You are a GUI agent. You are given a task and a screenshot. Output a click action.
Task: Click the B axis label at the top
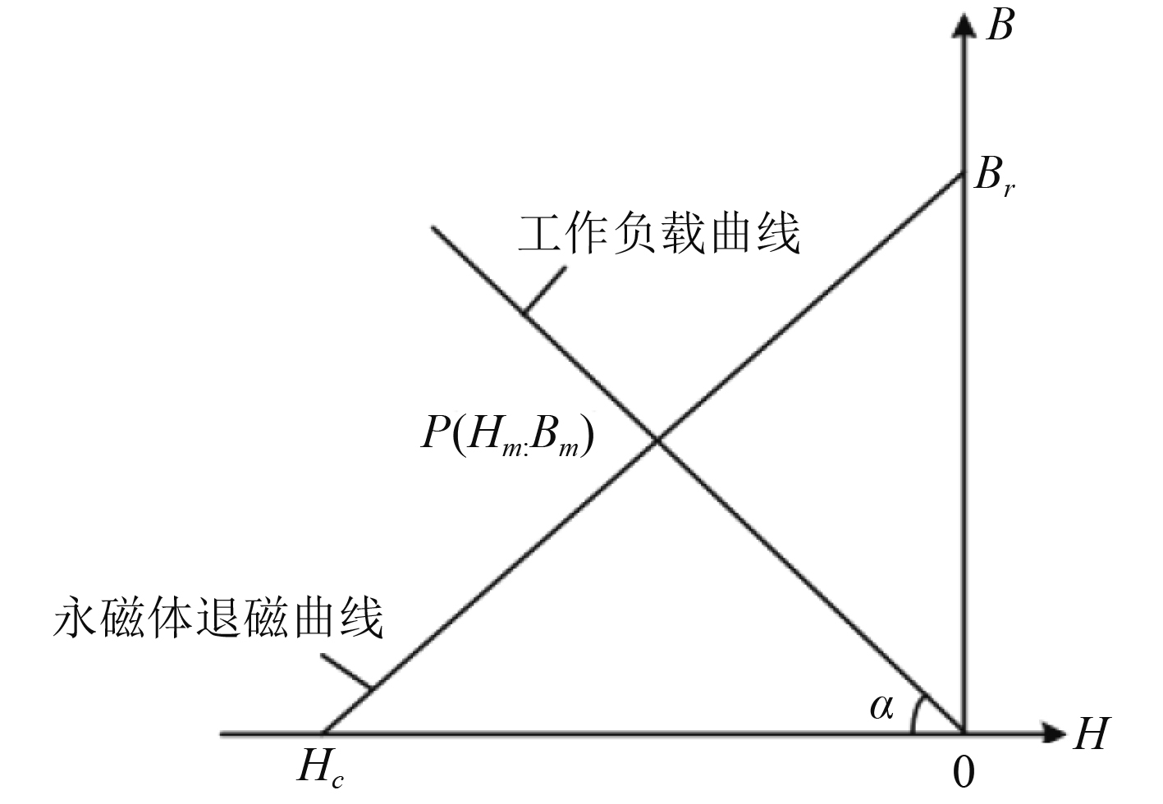(1000, 26)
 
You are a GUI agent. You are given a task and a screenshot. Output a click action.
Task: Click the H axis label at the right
(1091, 733)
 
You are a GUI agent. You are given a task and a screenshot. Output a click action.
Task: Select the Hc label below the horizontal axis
(320, 770)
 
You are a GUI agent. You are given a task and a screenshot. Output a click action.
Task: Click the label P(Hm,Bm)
(506, 433)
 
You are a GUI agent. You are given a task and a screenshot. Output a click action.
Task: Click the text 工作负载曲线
(659, 234)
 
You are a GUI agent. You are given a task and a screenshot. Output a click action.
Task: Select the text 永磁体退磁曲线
(218, 617)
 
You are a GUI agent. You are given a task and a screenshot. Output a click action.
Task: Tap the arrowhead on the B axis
(964, 25)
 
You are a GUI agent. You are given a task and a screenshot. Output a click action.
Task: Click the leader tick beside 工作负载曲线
(543, 290)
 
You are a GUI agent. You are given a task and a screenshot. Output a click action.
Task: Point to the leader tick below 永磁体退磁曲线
(347, 671)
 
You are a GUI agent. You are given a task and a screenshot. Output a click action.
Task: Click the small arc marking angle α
(916, 711)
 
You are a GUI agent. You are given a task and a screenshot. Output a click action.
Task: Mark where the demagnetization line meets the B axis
(963, 175)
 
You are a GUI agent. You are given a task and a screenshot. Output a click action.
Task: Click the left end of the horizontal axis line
(222, 733)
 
